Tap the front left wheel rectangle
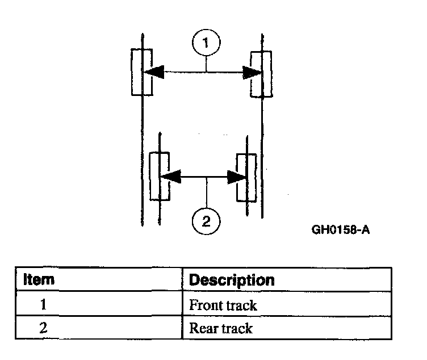[x=141, y=72]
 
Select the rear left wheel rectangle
[x=159, y=176]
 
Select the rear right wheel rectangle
[x=246, y=177]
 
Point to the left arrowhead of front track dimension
[x=153, y=72]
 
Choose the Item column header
[x=39, y=279]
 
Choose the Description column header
[x=231, y=280]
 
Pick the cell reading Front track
[x=223, y=305]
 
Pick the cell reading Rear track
[x=221, y=328]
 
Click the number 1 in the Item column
[x=43, y=305]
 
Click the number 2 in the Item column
[x=43, y=328]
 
